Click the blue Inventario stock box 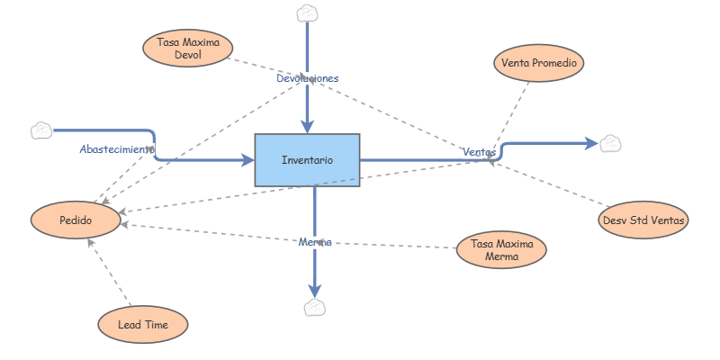(307, 160)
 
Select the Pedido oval (76, 220)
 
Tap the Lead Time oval (143, 323)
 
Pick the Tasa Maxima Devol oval (188, 49)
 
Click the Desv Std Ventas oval (643, 220)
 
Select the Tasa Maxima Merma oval (502, 250)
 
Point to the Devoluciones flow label (307, 78)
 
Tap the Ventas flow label (479, 152)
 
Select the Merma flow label (315, 242)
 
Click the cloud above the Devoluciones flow (308, 13)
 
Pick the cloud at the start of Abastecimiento (41, 130)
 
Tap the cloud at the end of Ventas (611, 142)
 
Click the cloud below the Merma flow (315, 308)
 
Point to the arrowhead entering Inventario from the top (308, 125)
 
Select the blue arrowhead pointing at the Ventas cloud (590, 142)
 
